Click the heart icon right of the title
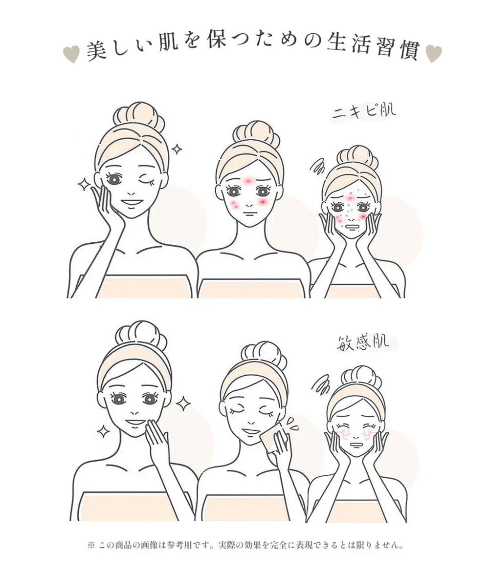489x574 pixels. (433, 54)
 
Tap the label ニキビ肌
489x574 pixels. (364, 112)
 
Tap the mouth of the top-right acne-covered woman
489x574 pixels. (352, 226)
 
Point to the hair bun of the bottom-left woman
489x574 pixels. (141, 335)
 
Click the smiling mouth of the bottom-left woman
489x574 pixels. (135, 422)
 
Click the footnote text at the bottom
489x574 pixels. (244, 545)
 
